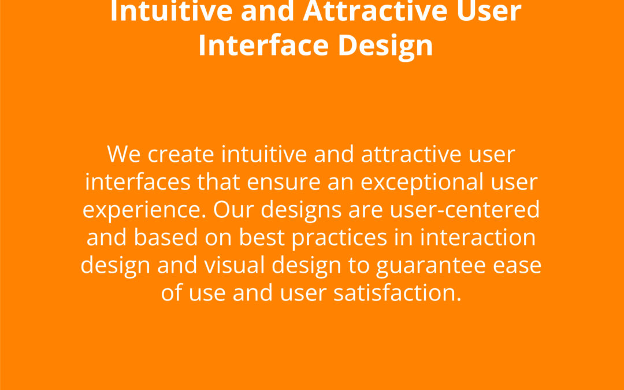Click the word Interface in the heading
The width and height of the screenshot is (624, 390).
pyautogui.click(x=263, y=45)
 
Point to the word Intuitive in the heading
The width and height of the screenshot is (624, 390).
pyautogui.click(x=171, y=11)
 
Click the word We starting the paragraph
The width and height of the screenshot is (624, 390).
pyautogui.click(x=124, y=154)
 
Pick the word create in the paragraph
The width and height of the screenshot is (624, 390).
pyautogui.click(x=181, y=155)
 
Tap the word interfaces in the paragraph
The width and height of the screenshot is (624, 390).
pyautogui.click(x=138, y=182)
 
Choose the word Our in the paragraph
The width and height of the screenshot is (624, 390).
pyautogui.click(x=233, y=210)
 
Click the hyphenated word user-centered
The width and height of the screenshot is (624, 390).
pyautogui.click(x=465, y=210)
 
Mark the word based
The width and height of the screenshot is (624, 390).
pyautogui.click(x=166, y=237)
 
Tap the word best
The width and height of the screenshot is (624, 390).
pyautogui.click(x=262, y=237)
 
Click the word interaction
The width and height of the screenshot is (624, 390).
pyautogui.click(x=478, y=237)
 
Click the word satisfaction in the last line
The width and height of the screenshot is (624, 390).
pyautogui.click(x=397, y=292)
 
